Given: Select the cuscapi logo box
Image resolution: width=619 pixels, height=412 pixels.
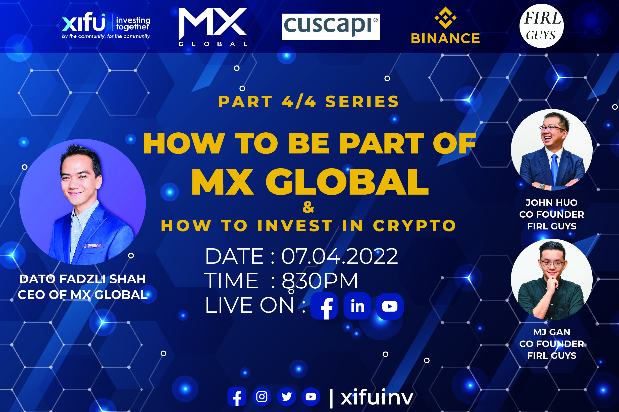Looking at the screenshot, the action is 331,27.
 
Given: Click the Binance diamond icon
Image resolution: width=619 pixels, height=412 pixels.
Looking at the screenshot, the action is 445,18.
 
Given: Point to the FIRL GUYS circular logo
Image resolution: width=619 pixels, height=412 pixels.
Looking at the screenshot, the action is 541,26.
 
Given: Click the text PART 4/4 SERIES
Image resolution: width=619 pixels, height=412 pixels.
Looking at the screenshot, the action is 308,102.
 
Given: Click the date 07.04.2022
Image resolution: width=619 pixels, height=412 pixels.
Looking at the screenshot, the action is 339,256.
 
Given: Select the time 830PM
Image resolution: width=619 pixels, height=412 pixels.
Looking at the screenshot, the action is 320,281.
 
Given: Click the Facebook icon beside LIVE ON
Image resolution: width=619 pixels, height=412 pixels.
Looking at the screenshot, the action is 324,306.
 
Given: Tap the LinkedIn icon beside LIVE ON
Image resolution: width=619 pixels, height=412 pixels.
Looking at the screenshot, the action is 357,306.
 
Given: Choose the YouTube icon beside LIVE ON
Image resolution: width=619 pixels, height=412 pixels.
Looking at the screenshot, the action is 390,306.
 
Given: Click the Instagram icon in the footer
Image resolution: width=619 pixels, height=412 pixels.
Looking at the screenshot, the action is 262,396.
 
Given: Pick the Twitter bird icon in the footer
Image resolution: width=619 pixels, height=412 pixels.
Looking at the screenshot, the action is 286,396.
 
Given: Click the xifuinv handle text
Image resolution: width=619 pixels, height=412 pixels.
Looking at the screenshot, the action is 377,397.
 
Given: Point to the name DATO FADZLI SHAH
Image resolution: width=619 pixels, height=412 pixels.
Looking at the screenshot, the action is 82,279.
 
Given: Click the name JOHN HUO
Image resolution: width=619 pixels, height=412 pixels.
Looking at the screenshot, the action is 552,203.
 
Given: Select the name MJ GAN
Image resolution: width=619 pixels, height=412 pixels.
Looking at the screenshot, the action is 552,332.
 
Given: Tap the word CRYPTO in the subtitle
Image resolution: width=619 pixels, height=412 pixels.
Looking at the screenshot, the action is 415,226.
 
